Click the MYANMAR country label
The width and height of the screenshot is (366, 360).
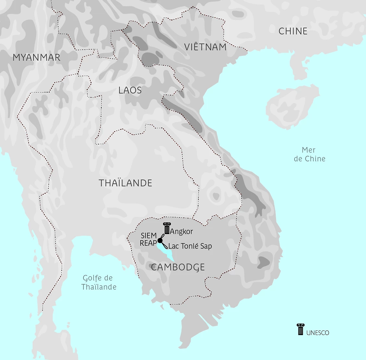click(x=36, y=57)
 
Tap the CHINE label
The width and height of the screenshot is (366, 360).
click(x=293, y=31)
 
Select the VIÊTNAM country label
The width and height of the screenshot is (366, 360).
click(x=205, y=47)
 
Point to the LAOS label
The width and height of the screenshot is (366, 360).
click(x=130, y=90)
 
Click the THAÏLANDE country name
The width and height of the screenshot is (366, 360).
click(x=125, y=183)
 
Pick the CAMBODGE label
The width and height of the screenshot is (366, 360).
click(x=178, y=267)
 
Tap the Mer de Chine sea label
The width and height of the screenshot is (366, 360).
click(x=309, y=154)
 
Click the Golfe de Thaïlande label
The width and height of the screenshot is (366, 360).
click(x=99, y=282)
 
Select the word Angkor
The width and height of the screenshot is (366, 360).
click(x=181, y=231)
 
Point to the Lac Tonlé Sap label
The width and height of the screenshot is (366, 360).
click(x=190, y=246)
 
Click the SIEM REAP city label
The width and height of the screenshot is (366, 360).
click(x=148, y=239)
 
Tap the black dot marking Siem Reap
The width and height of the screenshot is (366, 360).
click(x=160, y=241)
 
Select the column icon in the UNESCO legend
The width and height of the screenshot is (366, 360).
click(x=300, y=329)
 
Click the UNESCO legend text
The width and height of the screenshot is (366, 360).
click(x=318, y=333)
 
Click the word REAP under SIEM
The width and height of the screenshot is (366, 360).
click(x=148, y=243)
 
